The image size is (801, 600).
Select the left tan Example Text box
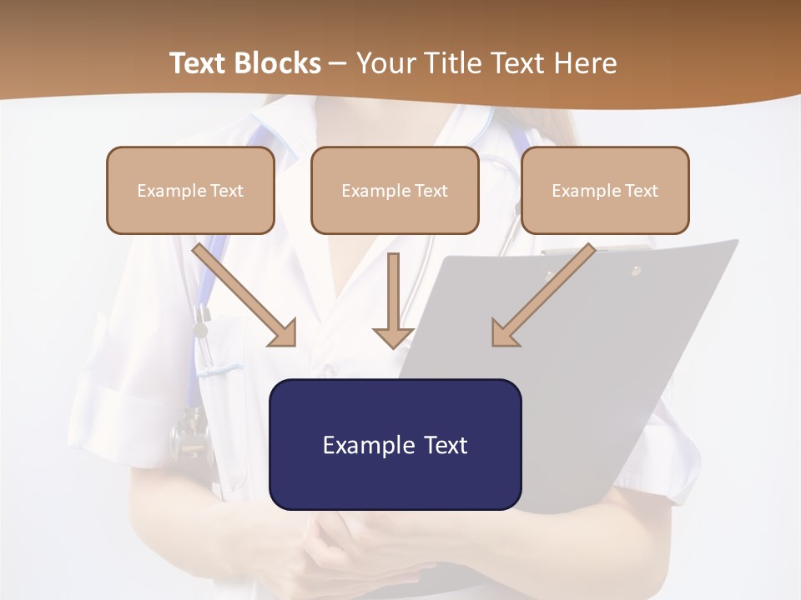(x=190, y=190)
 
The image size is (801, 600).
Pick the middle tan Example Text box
(x=395, y=190)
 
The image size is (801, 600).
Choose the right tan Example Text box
(x=605, y=190)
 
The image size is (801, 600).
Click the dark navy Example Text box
(x=395, y=444)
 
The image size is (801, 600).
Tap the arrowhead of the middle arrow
(x=393, y=337)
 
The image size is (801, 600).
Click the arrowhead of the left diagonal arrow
(x=284, y=333)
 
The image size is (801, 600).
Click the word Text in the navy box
(x=445, y=444)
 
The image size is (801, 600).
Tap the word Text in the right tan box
(x=641, y=190)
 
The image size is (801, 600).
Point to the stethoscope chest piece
(x=189, y=433)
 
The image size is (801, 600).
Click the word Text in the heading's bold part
(x=199, y=63)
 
